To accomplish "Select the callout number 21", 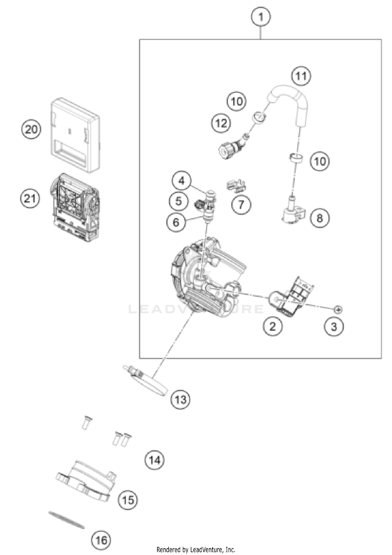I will [30, 199].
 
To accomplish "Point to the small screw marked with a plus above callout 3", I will [338, 310].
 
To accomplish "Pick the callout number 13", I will [181, 400].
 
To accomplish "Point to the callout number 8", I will [320, 218].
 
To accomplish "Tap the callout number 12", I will [221, 123].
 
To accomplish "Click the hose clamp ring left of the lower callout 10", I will [296, 158].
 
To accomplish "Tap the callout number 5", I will [178, 201].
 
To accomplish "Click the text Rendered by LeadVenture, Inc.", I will [196, 549].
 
